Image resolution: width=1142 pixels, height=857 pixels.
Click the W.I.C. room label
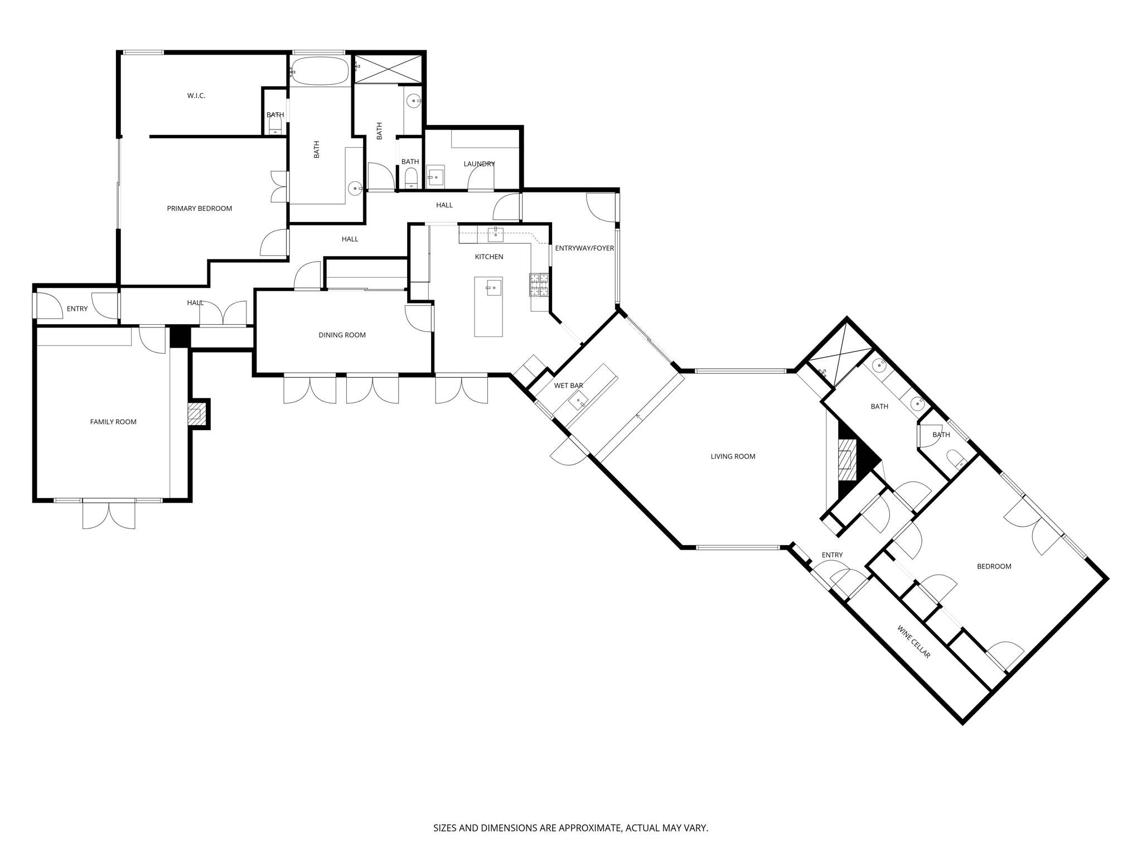[196, 96]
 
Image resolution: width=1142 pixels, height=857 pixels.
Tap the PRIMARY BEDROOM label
[199, 209]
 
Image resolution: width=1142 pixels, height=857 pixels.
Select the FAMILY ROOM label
[113, 422]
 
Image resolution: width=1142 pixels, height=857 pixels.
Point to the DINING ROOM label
[342, 335]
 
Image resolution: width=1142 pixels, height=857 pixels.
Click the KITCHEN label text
[488, 257]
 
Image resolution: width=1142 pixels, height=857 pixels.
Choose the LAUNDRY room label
[479, 164]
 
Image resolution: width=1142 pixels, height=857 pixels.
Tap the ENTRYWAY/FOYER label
[584, 248]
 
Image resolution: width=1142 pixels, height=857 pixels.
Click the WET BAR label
[568, 386]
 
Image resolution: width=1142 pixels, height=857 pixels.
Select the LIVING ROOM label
[733, 456]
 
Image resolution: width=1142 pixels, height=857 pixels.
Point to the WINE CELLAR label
[914, 642]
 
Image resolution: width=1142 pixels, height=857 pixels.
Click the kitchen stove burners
[539, 285]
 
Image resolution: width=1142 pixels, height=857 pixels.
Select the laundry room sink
[435, 177]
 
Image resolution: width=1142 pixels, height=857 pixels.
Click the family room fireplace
[195, 414]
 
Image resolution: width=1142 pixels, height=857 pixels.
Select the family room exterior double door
[109, 514]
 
